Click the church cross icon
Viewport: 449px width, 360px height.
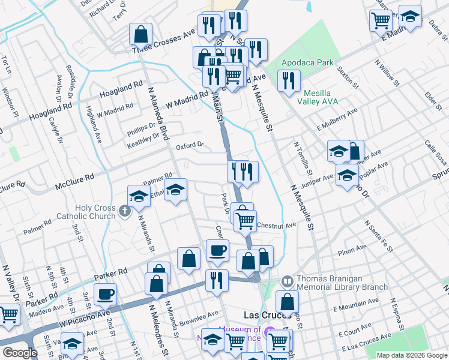(124, 211)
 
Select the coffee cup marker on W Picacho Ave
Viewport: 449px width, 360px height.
(106, 293)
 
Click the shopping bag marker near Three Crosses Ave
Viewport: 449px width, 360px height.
(141, 34)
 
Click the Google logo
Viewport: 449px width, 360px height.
(19, 353)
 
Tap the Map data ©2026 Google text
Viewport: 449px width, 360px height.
(411, 355)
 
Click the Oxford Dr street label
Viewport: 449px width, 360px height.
(190, 145)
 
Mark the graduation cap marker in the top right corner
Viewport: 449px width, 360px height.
(410, 16)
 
